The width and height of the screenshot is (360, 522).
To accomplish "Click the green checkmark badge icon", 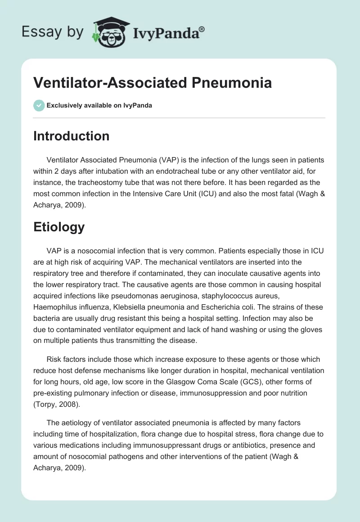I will pyautogui.click(x=39, y=105).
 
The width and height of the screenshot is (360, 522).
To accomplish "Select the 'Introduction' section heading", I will pyautogui.click(x=71, y=136).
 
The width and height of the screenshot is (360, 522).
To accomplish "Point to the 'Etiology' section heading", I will pyautogui.click(x=59, y=227).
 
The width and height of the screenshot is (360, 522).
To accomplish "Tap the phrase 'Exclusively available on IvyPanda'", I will pyautogui.click(x=99, y=105).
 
